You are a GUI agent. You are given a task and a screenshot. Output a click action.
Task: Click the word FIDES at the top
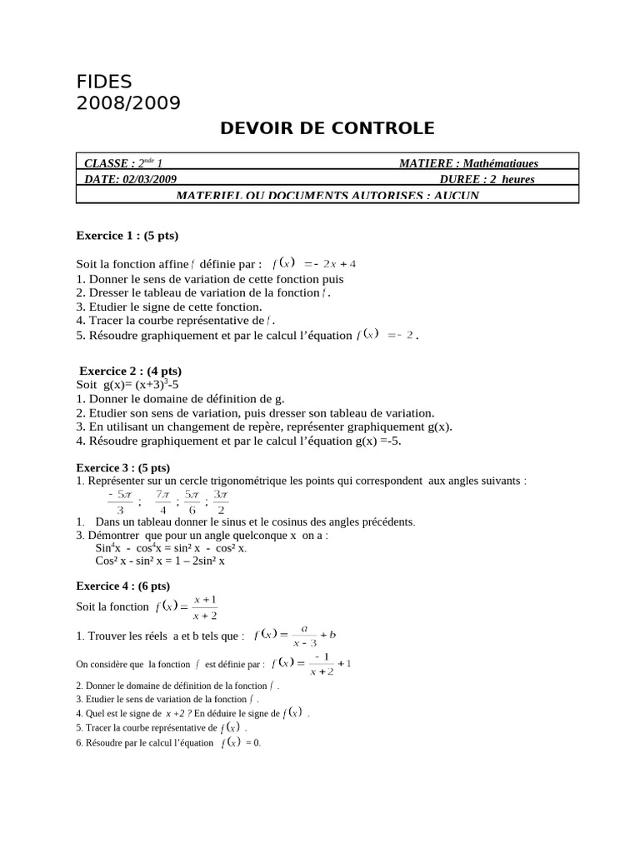[104, 82]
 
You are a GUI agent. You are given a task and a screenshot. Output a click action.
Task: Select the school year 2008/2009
[127, 103]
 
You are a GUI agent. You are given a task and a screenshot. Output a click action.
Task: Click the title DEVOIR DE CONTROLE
[327, 128]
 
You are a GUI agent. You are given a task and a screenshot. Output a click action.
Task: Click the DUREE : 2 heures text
[487, 179]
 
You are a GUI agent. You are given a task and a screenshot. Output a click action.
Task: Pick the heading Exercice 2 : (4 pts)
[130, 371]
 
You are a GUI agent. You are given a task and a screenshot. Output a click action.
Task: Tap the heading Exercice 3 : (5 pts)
[123, 467]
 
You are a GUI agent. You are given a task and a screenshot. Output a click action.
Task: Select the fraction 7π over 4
[163, 501]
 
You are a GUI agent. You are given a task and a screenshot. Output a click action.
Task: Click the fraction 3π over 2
[221, 501]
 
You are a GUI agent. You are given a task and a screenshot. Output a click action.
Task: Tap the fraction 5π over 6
[192, 501]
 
